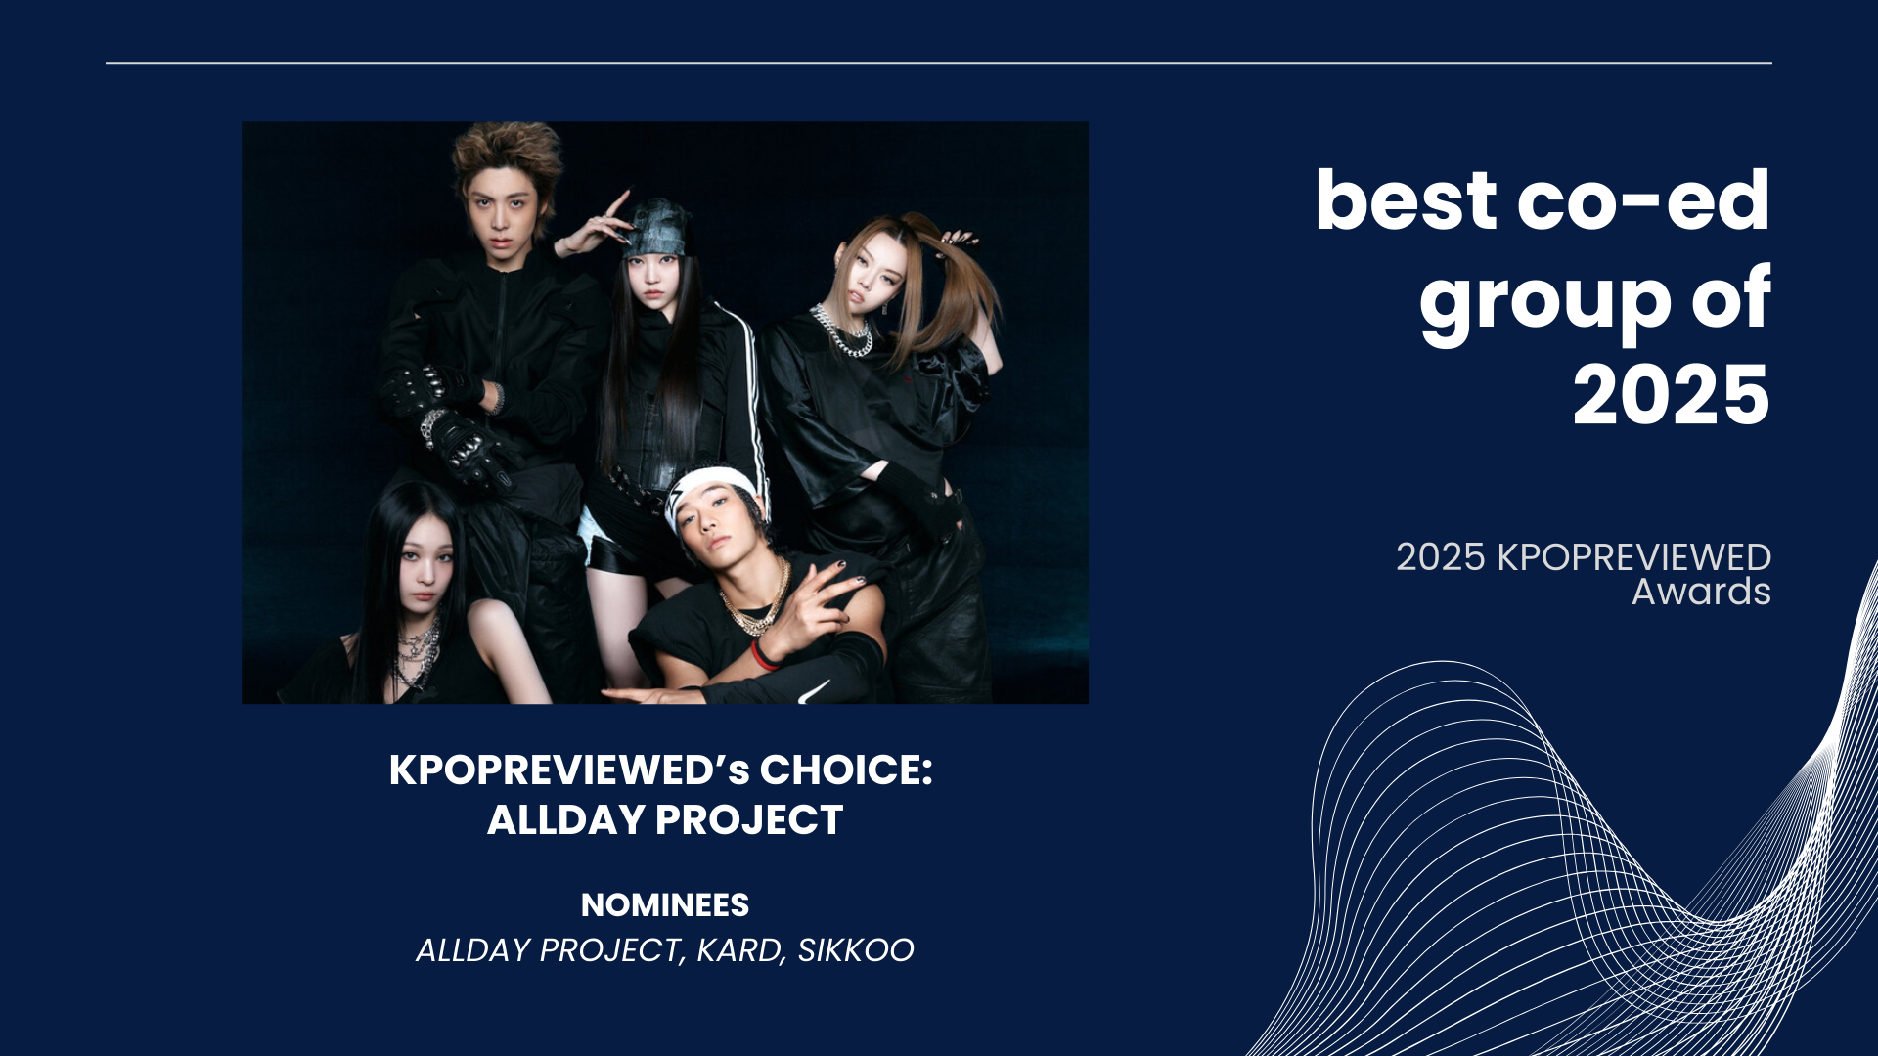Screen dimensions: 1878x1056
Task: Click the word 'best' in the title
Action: click(1406, 200)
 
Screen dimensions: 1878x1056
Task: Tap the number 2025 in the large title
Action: click(1672, 396)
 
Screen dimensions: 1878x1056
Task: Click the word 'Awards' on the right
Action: click(1701, 592)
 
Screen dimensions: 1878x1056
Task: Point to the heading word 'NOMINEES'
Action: click(665, 905)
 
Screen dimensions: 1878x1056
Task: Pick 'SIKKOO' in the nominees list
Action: click(856, 950)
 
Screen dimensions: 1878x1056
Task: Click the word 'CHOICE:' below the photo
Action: click(846, 770)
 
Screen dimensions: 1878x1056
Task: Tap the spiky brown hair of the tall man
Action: click(507, 156)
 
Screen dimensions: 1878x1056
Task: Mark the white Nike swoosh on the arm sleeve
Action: click(814, 692)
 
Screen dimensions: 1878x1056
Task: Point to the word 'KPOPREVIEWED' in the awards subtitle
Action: click(1634, 557)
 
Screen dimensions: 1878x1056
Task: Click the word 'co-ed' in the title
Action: click(1643, 200)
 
